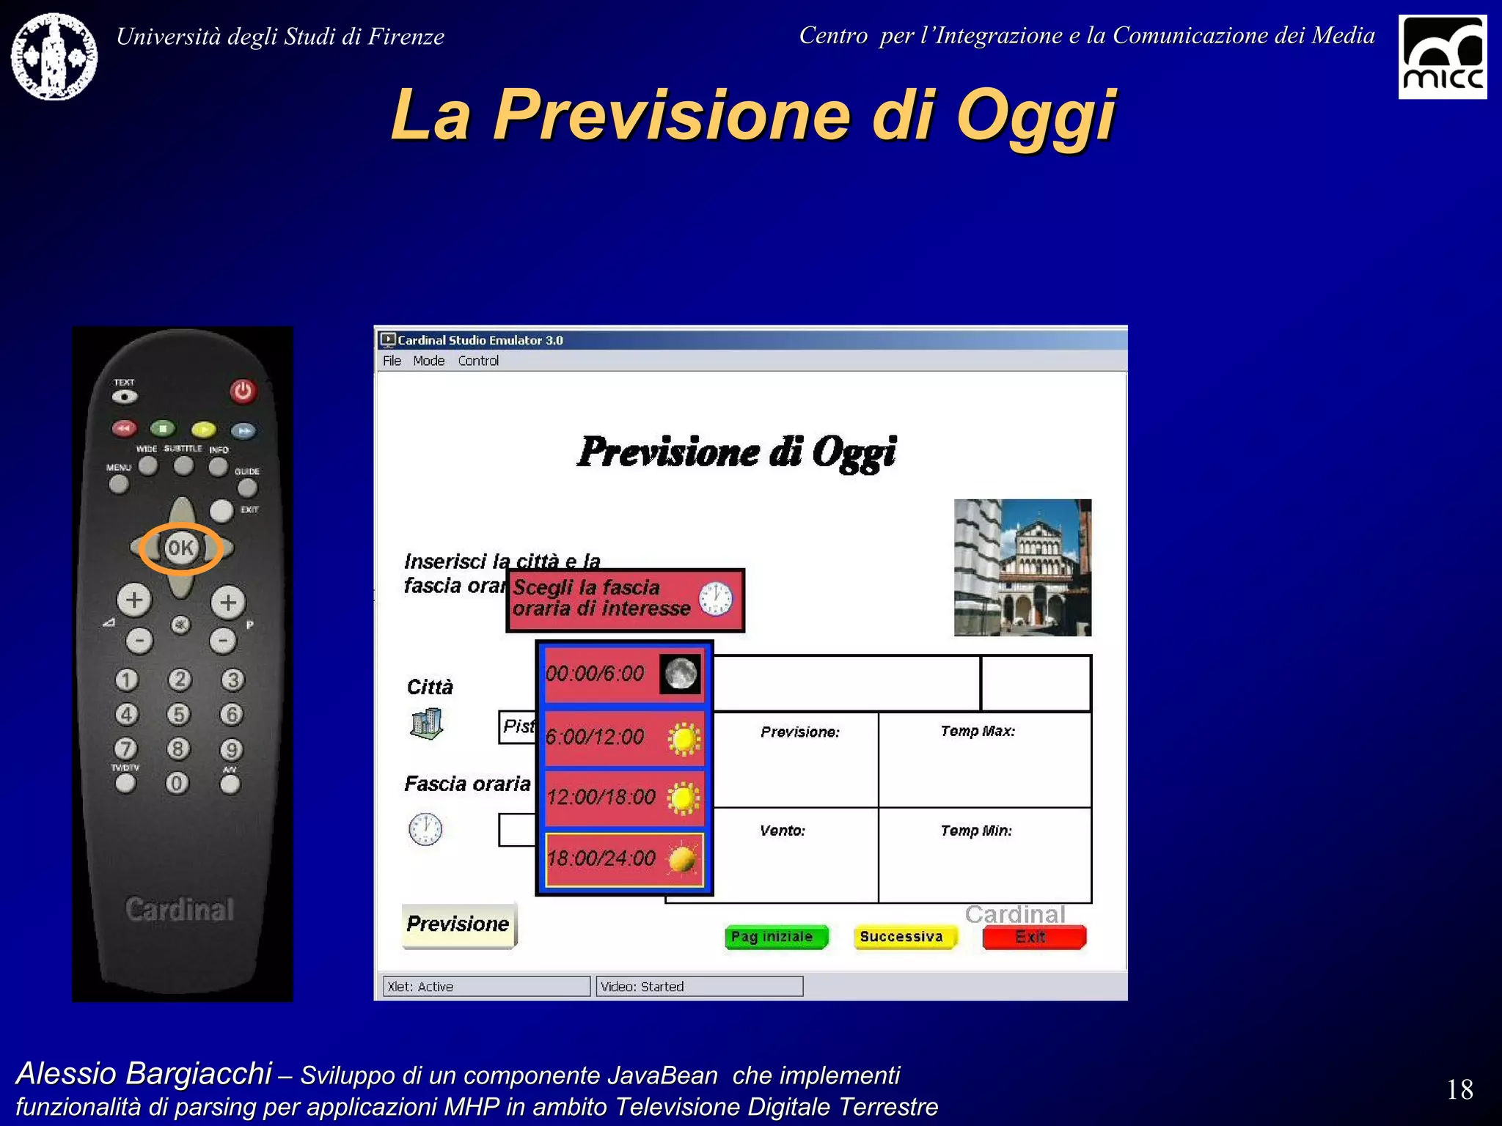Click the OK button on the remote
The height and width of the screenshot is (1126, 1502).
(x=180, y=548)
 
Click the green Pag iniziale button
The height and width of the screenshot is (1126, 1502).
(x=774, y=937)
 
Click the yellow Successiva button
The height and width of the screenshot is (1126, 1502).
(x=904, y=937)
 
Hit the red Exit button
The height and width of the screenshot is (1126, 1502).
(x=1033, y=937)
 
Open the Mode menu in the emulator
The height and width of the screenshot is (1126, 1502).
(x=428, y=361)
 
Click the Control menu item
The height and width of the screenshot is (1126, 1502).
(x=478, y=361)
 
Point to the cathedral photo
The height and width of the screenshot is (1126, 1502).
(x=1022, y=567)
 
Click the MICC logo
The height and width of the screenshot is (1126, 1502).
(x=1442, y=57)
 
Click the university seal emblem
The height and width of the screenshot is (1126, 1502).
(x=54, y=56)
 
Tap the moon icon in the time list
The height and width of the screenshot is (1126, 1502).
(x=680, y=674)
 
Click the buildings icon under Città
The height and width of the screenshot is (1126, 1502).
(x=426, y=724)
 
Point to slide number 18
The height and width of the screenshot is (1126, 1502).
(x=1459, y=1089)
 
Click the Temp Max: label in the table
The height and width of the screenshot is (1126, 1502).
(x=977, y=732)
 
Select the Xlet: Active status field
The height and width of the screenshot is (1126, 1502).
(x=486, y=987)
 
